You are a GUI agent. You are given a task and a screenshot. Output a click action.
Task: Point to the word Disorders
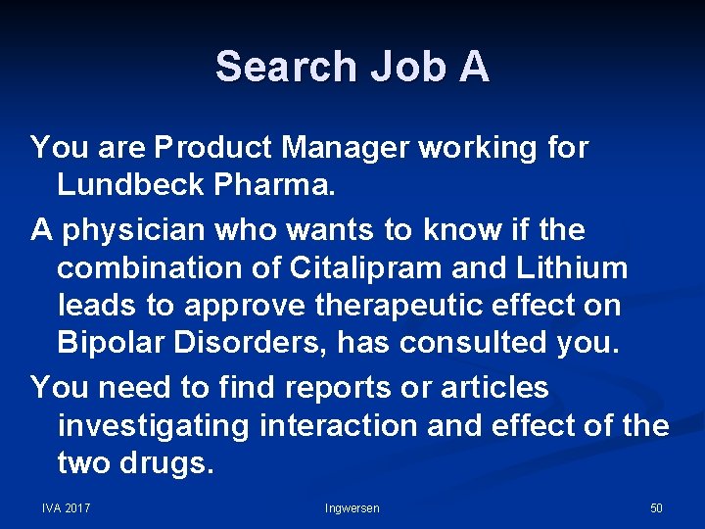[240, 342]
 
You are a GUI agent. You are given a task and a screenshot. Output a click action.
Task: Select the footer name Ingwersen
[352, 507]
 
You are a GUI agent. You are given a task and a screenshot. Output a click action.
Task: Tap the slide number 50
[656, 507]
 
